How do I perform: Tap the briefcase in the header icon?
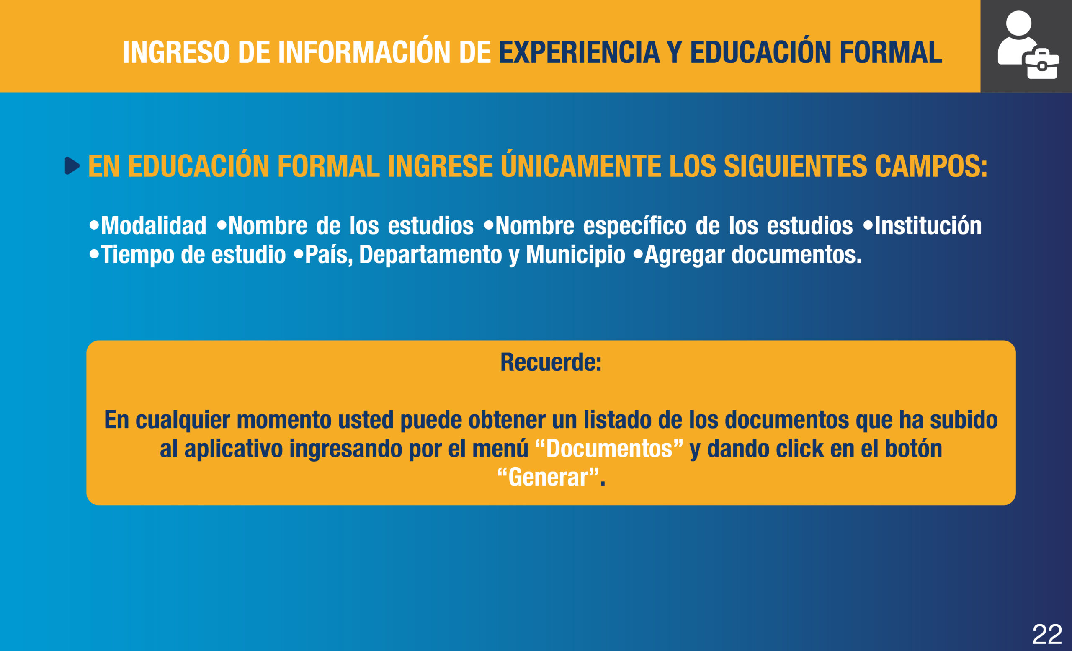coord(1042,64)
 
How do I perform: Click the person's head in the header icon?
coord(1018,23)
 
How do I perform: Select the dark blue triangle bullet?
coord(72,166)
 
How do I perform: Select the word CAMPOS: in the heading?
coord(931,166)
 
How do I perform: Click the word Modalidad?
coord(154,225)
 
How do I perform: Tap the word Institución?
coord(928,225)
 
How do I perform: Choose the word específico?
coord(635,226)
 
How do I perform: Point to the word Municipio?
coord(576,255)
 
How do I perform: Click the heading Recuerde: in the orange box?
coord(551,362)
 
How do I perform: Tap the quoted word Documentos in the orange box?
coord(609,449)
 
